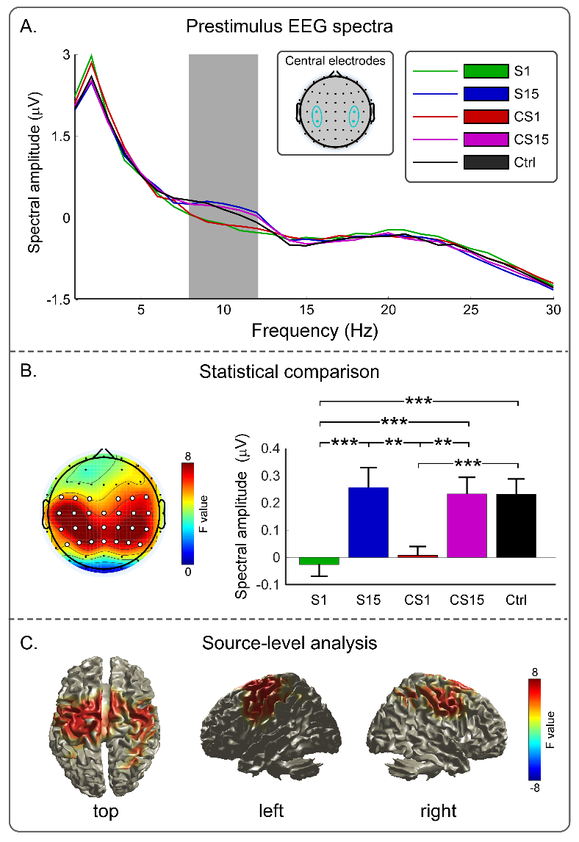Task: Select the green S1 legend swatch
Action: (x=486, y=71)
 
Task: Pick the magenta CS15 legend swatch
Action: (x=486, y=137)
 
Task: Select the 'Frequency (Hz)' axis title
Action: (x=314, y=330)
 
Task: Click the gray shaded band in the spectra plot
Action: (x=223, y=176)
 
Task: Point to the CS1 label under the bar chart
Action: (x=418, y=599)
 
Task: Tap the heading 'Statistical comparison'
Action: (x=289, y=372)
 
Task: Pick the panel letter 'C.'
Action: (x=28, y=644)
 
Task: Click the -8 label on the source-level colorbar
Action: (x=535, y=786)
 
